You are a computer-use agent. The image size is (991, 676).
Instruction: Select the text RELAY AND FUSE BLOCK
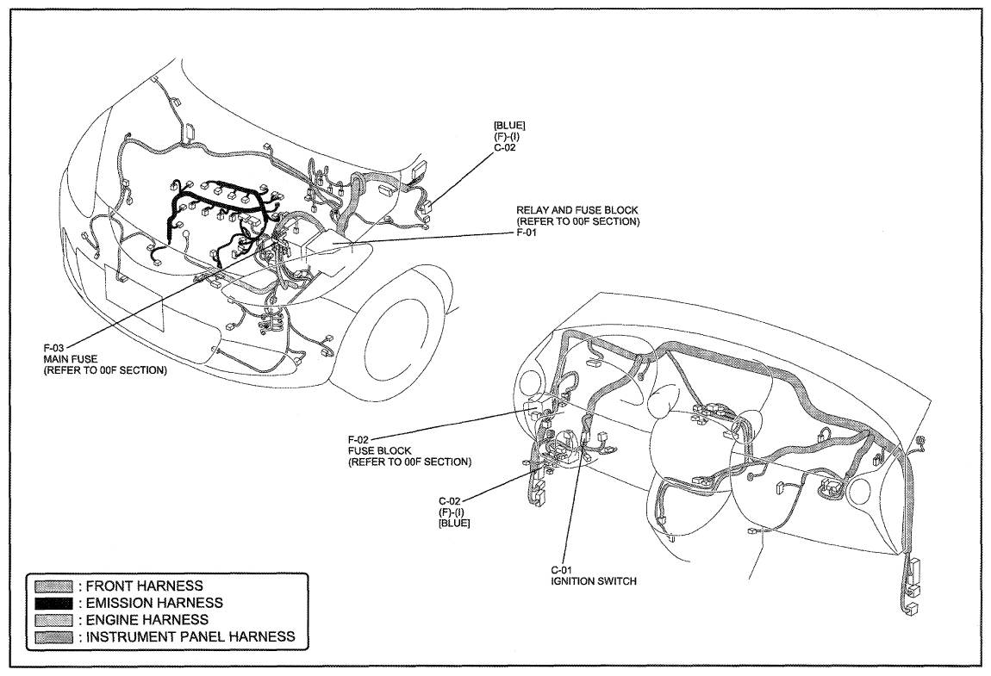(577, 210)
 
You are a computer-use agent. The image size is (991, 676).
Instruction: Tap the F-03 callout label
(53, 348)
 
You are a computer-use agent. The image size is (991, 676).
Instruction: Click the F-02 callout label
(358, 439)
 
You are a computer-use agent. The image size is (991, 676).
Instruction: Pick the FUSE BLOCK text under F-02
(379, 450)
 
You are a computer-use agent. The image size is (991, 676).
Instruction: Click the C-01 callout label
(561, 570)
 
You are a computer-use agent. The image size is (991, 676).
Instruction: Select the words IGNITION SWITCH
(594, 581)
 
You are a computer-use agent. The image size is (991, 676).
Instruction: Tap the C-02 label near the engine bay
(504, 148)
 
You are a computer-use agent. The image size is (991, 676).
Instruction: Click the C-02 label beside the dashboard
(449, 501)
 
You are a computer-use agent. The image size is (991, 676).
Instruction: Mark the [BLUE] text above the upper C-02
(508, 125)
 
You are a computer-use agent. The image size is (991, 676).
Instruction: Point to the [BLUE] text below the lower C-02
(454, 524)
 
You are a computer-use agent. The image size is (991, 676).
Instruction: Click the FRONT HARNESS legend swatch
(53, 586)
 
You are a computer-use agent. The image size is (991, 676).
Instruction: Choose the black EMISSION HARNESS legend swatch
(53, 604)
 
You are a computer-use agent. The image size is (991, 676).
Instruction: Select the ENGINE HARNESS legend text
(147, 620)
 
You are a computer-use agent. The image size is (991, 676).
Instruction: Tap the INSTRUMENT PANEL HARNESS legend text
(190, 637)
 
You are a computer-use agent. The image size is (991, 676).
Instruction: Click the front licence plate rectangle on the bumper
(134, 298)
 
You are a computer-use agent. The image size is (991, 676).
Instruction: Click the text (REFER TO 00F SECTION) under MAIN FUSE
(105, 370)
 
